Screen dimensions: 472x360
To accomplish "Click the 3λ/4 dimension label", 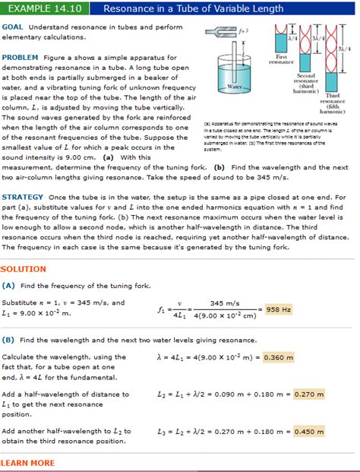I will (x=317, y=39).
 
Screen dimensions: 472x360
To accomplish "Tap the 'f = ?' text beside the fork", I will (x=244, y=31).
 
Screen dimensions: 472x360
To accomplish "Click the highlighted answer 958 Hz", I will (x=279, y=309).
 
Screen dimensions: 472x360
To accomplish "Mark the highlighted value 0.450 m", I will (x=309, y=431).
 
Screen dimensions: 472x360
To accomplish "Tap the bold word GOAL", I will (x=14, y=27).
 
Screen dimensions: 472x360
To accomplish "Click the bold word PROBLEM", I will (x=21, y=57).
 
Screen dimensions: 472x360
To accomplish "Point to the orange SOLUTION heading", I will (x=24, y=269).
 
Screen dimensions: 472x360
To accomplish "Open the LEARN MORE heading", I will (x=28, y=463).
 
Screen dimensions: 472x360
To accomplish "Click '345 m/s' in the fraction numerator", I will (x=226, y=303).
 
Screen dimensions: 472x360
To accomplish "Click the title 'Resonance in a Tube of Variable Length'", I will (x=193, y=8).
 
